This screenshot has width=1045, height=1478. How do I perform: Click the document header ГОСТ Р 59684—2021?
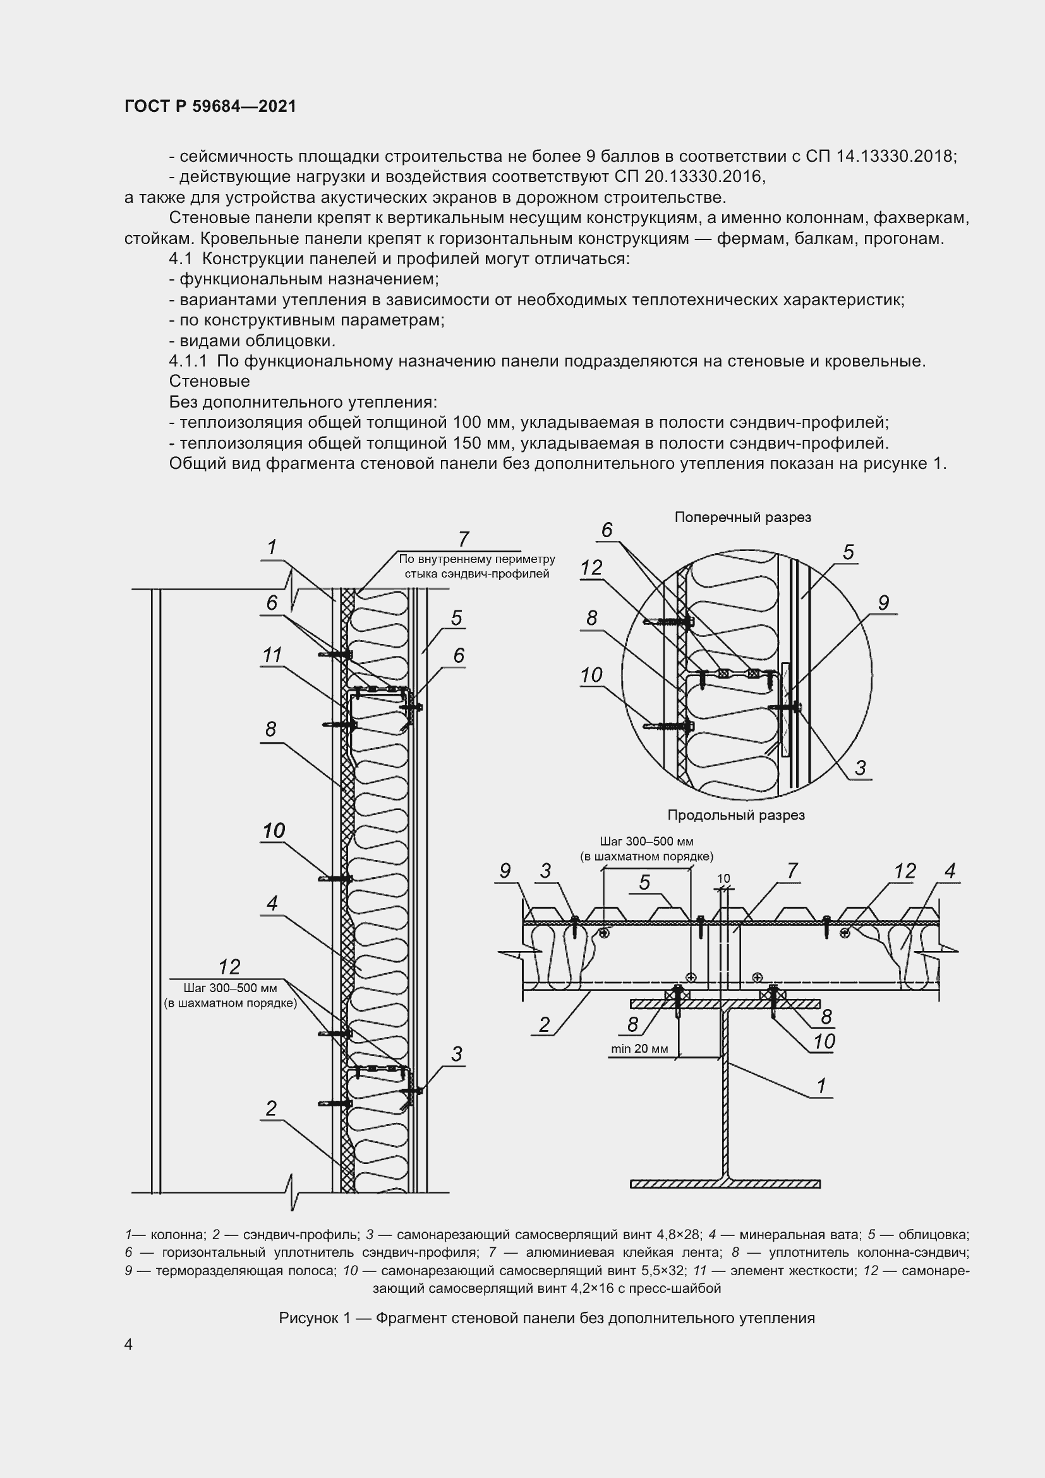tap(210, 106)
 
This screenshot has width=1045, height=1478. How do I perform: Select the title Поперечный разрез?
tap(742, 517)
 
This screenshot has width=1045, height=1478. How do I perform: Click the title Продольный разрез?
tap(736, 815)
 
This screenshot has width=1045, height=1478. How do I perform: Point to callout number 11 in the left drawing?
tap(272, 655)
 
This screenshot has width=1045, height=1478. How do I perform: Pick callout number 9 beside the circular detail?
tap(883, 603)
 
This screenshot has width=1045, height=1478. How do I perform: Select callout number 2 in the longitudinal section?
tap(545, 1024)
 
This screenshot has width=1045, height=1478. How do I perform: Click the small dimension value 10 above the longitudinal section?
tap(723, 878)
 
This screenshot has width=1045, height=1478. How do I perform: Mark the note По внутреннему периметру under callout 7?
tap(476, 559)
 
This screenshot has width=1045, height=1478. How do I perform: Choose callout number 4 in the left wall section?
tap(272, 903)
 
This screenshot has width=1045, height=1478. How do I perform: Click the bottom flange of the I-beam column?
tap(725, 1183)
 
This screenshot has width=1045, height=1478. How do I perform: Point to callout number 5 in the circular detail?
tap(848, 552)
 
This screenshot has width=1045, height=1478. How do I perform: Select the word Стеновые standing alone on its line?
tap(209, 381)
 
